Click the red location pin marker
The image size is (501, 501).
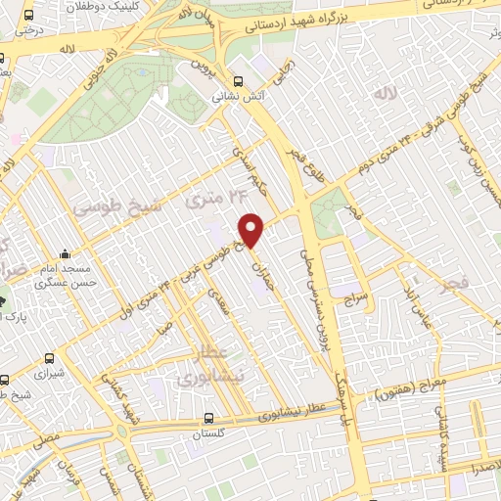pos(252,229)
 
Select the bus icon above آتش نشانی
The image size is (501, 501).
pos(238,82)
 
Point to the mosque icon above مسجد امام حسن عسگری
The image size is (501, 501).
pos(65,252)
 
